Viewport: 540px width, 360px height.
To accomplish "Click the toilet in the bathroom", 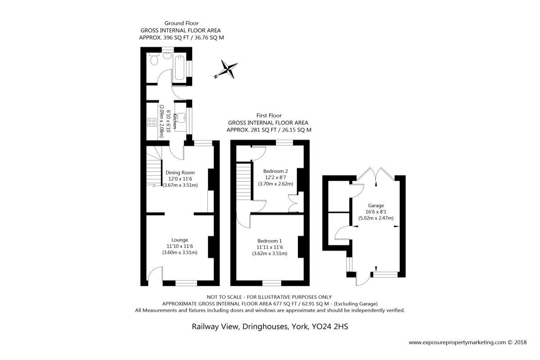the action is click(153, 58).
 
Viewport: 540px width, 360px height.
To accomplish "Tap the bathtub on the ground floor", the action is click(180, 68).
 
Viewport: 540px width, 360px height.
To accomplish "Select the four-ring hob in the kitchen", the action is click(152, 122).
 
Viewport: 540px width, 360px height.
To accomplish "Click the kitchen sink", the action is click(181, 118).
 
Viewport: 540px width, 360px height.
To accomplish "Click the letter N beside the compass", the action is click(216, 76).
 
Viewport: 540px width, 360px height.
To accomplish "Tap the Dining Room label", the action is click(180, 173).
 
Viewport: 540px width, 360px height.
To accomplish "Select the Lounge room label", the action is click(180, 240).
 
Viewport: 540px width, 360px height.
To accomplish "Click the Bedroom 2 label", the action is click(275, 171).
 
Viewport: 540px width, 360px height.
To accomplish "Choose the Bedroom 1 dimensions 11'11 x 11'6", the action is click(270, 247).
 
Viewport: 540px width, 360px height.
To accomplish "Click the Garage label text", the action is click(376, 206).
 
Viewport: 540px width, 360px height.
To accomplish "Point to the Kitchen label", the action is click(175, 121).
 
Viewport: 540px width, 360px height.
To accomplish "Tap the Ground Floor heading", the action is click(181, 23).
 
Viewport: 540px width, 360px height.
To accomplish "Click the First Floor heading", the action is click(269, 116).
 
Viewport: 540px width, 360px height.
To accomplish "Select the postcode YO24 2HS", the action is click(330, 327).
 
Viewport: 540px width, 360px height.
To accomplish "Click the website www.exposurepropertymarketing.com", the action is click(457, 342).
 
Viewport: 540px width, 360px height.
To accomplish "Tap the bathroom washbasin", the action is click(166, 56).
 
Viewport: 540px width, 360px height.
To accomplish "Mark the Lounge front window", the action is click(186, 283).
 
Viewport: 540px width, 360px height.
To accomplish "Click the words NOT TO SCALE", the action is click(225, 297).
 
